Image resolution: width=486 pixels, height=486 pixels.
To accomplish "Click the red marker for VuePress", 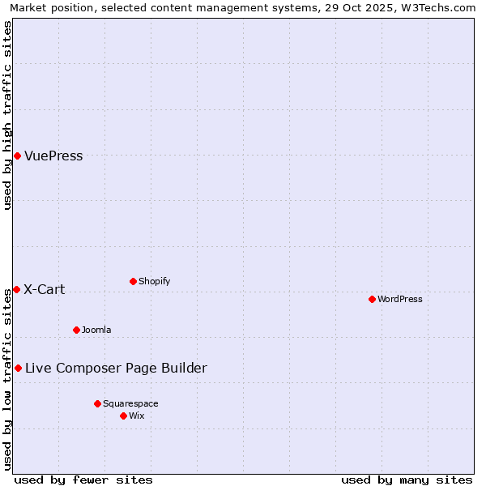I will [17, 156].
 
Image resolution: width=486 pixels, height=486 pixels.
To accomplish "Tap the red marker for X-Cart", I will [16, 289].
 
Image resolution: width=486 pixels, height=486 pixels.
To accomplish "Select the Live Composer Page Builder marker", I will [18, 368].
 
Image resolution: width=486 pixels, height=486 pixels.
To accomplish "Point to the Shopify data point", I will [133, 281].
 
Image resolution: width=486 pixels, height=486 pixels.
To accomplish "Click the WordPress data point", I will [372, 299].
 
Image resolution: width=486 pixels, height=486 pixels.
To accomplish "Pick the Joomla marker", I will [76, 330].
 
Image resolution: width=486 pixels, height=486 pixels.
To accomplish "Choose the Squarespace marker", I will [97, 403].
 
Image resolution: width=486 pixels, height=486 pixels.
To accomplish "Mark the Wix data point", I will [123, 416].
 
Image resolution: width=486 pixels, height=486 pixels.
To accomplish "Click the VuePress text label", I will [53, 156].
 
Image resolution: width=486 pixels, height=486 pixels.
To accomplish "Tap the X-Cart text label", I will [45, 290].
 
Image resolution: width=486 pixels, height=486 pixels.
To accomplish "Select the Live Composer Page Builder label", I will [116, 369].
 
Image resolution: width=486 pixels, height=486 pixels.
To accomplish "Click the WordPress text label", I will [400, 299].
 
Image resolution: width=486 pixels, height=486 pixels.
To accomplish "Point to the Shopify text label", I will [155, 281].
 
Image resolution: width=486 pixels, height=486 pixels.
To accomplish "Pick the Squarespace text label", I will [130, 403].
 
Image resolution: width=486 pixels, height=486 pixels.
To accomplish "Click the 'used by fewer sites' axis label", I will [83, 480].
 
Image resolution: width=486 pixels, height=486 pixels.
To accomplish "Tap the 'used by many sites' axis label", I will [407, 480].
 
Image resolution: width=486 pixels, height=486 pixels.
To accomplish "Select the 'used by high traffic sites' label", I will [7, 115].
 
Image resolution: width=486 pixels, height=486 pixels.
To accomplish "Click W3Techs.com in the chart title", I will [440, 7].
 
